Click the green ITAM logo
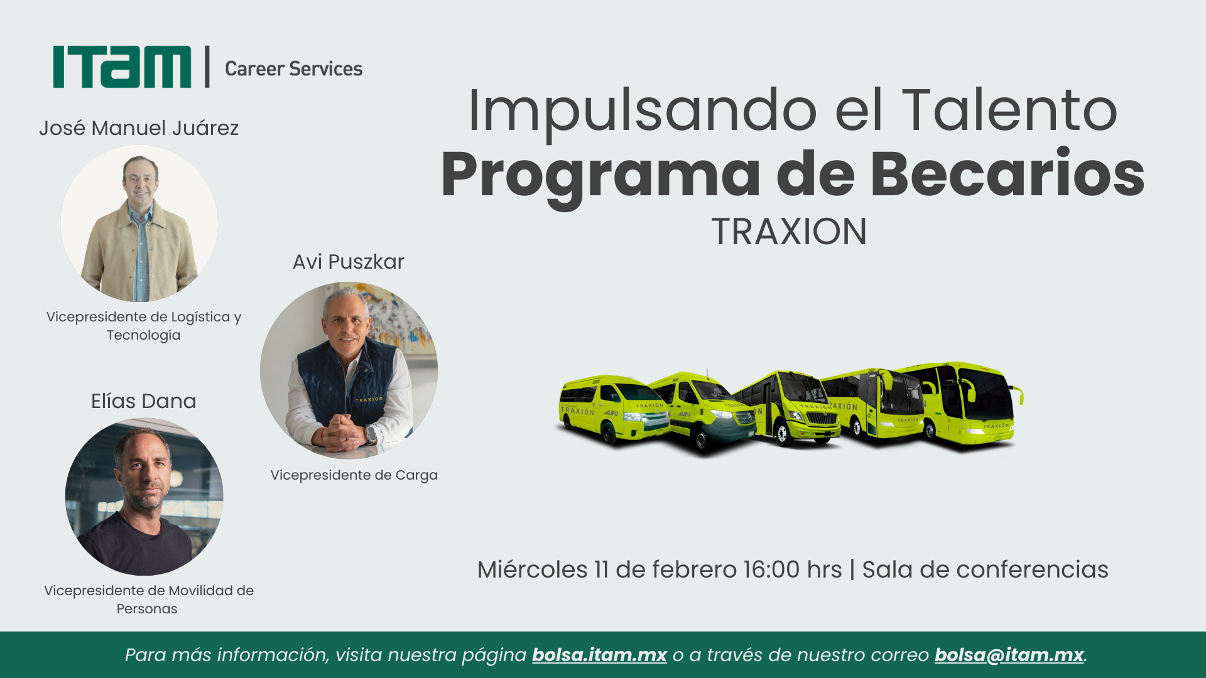click(x=122, y=67)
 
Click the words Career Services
click(x=293, y=68)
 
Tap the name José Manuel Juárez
click(x=139, y=128)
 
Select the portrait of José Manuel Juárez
click(x=139, y=223)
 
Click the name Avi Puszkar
click(x=349, y=262)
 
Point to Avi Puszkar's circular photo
click(x=349, y=370)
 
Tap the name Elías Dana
click(x=144, y=401)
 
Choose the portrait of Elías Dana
click(x=144, y=497)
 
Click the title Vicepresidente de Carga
click(x=354, y=475)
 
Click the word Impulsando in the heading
click(x=643, y=110)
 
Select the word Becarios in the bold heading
click(x=1007, y=173)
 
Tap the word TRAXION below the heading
click(x=789, y=232)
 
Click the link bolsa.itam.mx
click(x=599, y=655)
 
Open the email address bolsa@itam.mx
click(x=1009, y=655)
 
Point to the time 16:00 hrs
click(x=793, y=569)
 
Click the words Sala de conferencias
click(x=985, y=569)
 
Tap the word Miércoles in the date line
click(x=533, y=569)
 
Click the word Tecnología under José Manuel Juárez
click(x=144, y=335)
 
